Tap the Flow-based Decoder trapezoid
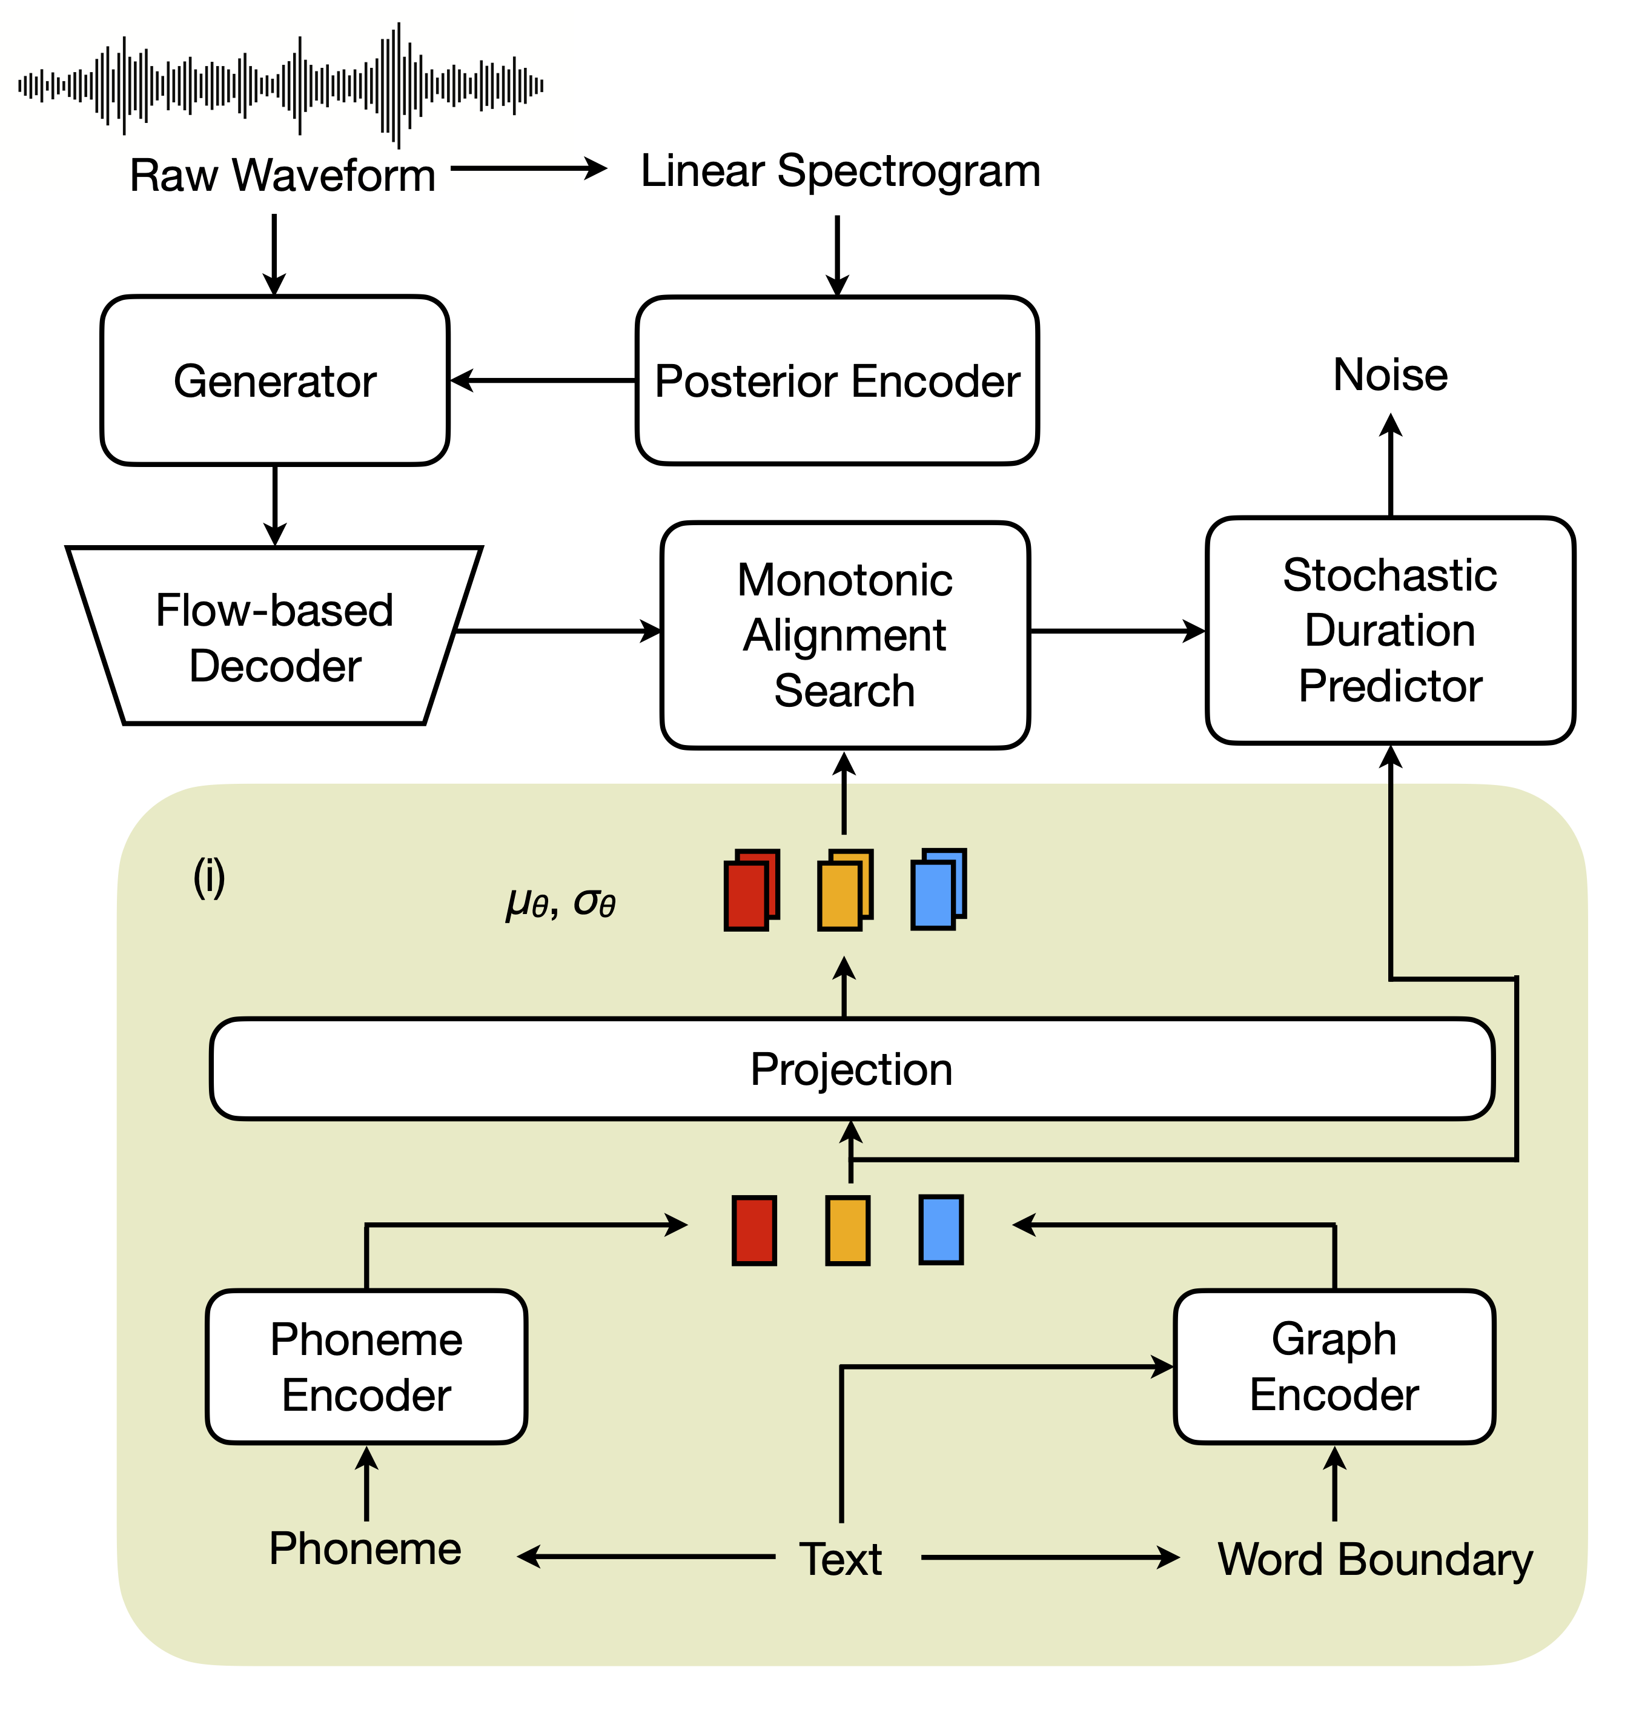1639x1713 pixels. pos(274,637)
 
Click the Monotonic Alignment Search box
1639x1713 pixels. pos(844,635)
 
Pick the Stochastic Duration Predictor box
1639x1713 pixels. pos(1389,630)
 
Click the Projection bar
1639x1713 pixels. pos(851,1069)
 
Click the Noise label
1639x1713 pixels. pos(1389,375)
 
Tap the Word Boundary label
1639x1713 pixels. pos(1374,1559)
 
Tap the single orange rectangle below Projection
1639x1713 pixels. pos(847,1230)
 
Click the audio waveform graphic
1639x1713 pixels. pos(280,85)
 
